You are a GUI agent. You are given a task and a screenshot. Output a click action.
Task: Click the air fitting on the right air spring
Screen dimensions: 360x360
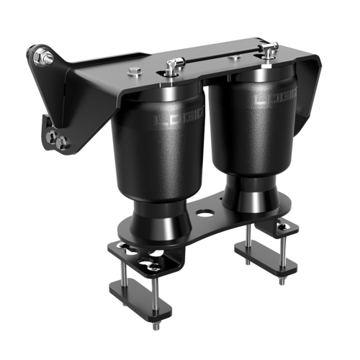click(x=270, y=51)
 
